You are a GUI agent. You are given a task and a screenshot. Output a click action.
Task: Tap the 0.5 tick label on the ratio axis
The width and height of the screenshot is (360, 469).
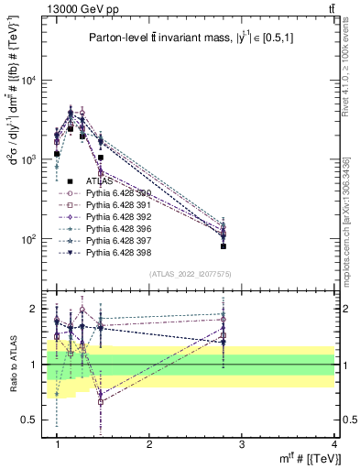tap(31, 420)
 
